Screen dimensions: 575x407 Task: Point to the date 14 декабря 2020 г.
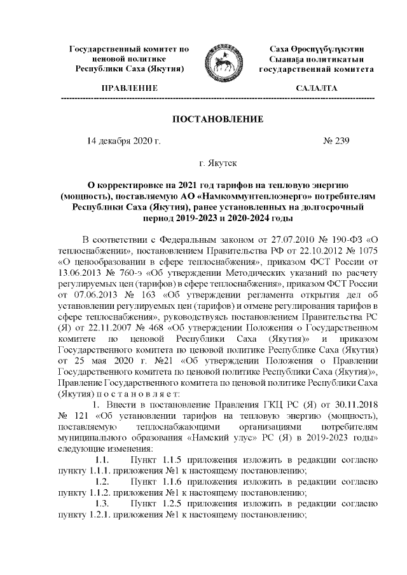click(x=123, y=140)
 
